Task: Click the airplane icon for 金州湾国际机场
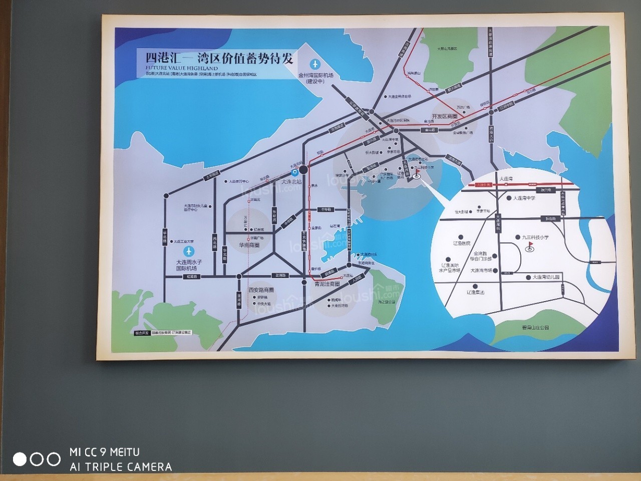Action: coord(315,64)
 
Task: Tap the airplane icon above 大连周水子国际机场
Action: coord(189,251)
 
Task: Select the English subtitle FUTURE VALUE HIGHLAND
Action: coord(182,68)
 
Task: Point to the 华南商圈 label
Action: coord(249,246)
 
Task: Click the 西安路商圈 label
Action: coord(261,290)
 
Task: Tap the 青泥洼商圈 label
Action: coord(328,284)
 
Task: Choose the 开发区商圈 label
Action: coord(445,116)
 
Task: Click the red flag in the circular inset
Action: coord(530,246)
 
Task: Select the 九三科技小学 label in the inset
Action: coord(535,237)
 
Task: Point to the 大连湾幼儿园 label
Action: coord(546,277)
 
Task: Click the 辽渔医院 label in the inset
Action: coord(462,244)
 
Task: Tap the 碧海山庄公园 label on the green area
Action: coord(535,327)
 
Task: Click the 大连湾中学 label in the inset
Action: coord(524,198)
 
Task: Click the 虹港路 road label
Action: coord(192,276)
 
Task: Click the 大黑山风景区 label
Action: coord(447,49)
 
